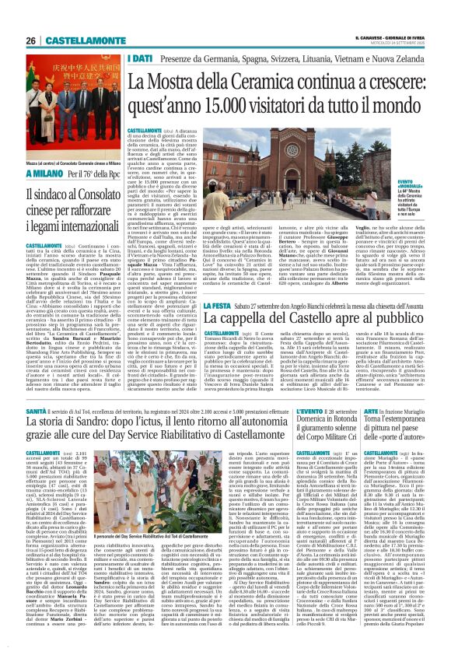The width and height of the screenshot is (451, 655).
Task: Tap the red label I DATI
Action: tap(141, 58)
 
